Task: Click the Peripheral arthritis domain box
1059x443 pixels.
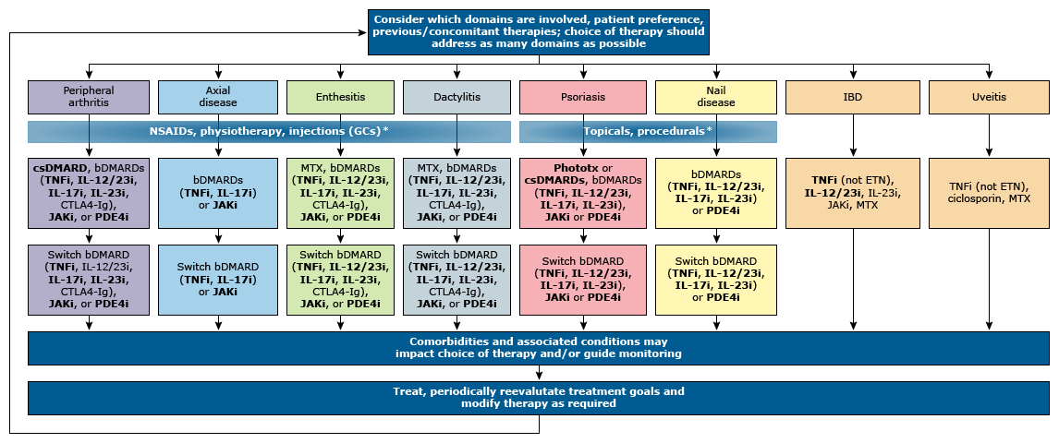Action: [89, 97]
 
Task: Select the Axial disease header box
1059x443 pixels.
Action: [218, 97]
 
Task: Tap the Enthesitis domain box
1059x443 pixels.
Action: [340, 97]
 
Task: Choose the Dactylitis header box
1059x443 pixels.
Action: [457, 97]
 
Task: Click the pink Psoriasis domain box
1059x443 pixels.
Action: [583, 97]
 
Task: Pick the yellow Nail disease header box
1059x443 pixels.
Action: [716, 97]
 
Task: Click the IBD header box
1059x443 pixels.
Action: [852, 97]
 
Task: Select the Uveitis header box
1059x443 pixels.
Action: [990, 97]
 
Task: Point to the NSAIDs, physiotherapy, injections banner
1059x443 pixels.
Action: [269, 131]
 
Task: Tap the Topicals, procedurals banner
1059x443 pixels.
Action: [649, 131]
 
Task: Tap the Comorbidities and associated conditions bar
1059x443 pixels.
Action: [539, 347]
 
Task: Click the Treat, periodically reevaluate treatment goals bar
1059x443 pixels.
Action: [539, 398]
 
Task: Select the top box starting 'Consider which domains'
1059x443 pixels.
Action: [539, 32]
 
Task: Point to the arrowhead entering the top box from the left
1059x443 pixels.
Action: [363, 32]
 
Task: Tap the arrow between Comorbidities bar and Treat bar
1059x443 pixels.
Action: [539, 373]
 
